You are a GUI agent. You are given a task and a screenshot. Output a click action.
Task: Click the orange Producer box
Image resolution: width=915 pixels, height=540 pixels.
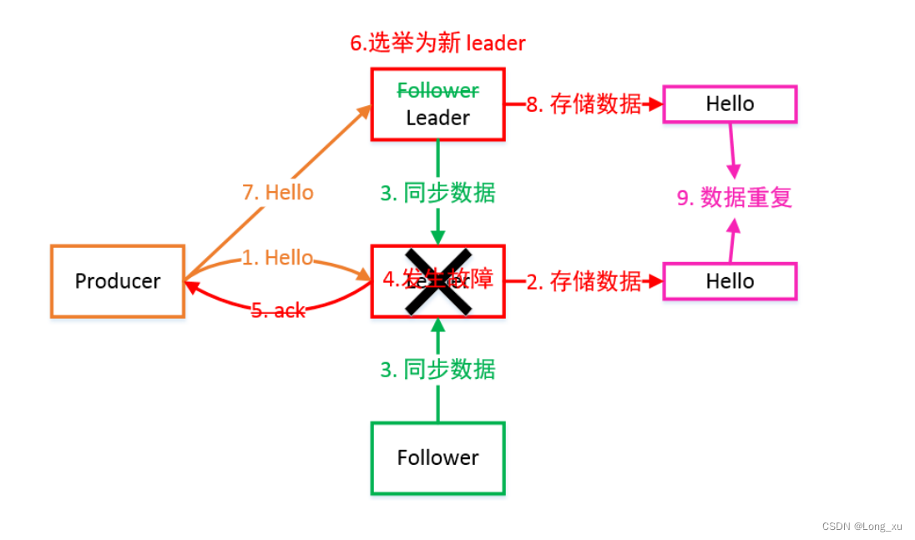(117, 281)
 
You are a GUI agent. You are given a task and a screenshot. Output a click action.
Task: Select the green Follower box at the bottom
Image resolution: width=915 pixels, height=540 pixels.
(437, 457)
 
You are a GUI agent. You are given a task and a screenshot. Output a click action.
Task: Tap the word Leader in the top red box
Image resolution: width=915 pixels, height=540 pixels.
(437, 119)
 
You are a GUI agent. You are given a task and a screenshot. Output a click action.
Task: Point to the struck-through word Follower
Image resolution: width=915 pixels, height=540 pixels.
(437, 90)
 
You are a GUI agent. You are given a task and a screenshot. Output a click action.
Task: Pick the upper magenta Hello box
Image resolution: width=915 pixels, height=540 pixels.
(730, 104)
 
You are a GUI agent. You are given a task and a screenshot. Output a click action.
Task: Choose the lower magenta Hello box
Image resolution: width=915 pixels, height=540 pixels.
(730, 281)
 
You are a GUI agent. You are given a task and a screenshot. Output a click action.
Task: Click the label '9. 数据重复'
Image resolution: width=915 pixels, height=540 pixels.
(734, 198)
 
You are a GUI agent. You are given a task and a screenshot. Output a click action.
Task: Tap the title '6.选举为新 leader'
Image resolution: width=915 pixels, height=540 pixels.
(437, 43)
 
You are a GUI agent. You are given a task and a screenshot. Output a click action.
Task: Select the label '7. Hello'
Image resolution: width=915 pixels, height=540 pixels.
(278, 193)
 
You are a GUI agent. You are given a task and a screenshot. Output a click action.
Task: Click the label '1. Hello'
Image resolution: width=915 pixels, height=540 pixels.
(278, 258)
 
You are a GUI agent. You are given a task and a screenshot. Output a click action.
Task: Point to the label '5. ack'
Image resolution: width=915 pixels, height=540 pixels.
(278, 310)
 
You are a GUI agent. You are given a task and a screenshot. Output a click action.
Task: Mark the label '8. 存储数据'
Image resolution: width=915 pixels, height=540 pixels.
(584, 104)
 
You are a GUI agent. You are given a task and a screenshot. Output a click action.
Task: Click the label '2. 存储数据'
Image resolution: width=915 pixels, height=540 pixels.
(584, 281)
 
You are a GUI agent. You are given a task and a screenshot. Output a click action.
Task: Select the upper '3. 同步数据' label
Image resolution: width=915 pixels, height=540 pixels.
(437, 194)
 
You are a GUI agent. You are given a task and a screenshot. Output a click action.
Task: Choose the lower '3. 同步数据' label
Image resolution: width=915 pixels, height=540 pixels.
(437, 369)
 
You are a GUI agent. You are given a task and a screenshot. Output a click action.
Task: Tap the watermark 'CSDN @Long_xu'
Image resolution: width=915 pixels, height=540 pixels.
(862, 526)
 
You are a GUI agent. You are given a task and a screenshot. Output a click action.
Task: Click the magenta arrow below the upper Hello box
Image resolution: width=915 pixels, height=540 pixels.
(732, 149)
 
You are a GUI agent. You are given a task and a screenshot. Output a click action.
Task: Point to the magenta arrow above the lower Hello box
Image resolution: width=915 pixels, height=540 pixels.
(732, 241)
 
